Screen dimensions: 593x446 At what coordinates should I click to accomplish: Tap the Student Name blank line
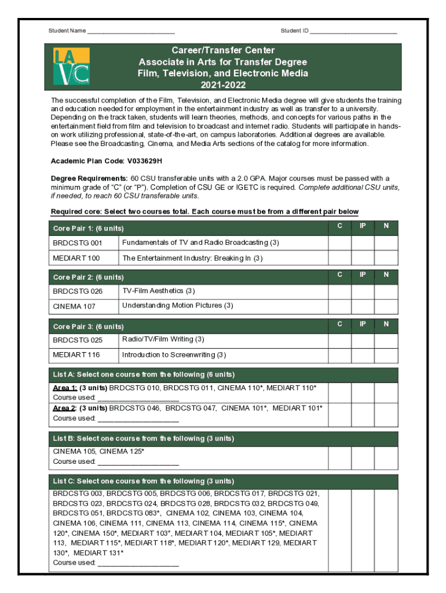[x=131, y=31]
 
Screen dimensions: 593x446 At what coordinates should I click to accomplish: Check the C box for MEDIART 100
[x=339, y=258]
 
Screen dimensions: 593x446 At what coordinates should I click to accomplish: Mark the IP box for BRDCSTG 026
[x=363, y=291]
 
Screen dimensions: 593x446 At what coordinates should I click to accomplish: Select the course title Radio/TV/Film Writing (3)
[x=163, y=339]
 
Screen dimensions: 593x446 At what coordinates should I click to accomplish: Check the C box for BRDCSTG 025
[x=339, y=341]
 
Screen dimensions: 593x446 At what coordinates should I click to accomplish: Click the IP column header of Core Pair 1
[x=363, y=226]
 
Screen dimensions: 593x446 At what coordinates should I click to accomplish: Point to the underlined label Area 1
[x=65, y=387]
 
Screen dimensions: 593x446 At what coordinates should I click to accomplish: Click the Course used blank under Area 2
[x=138, y=418]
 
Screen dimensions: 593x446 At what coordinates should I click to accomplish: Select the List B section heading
[x=144, y=438]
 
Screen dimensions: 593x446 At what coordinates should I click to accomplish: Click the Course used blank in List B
[x=138, y=462]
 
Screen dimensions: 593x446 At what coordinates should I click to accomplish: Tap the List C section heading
[x=144, y=481]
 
